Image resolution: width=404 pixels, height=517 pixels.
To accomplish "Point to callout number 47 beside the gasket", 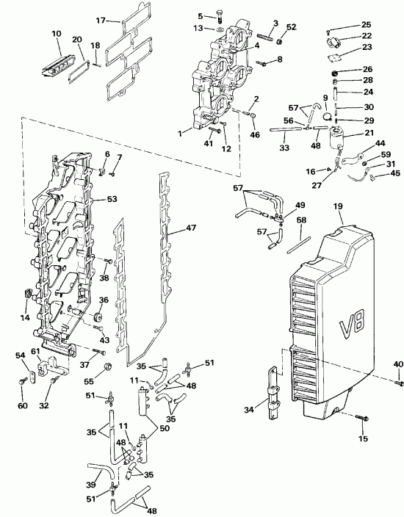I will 191,228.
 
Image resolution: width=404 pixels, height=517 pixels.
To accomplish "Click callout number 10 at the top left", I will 57,34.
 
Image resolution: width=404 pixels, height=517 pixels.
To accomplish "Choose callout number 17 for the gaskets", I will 122,20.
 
